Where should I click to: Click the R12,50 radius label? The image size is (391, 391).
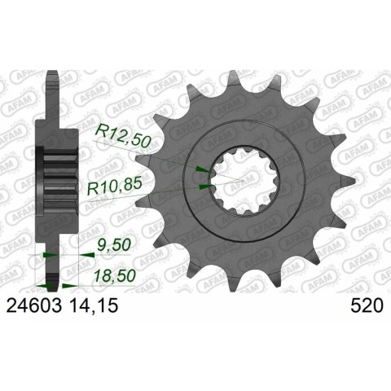click(x=121, y=134)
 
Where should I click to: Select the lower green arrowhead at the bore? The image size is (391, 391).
click(x=204, y=187)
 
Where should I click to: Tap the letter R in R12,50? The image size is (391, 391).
click(x=101, y=134)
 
